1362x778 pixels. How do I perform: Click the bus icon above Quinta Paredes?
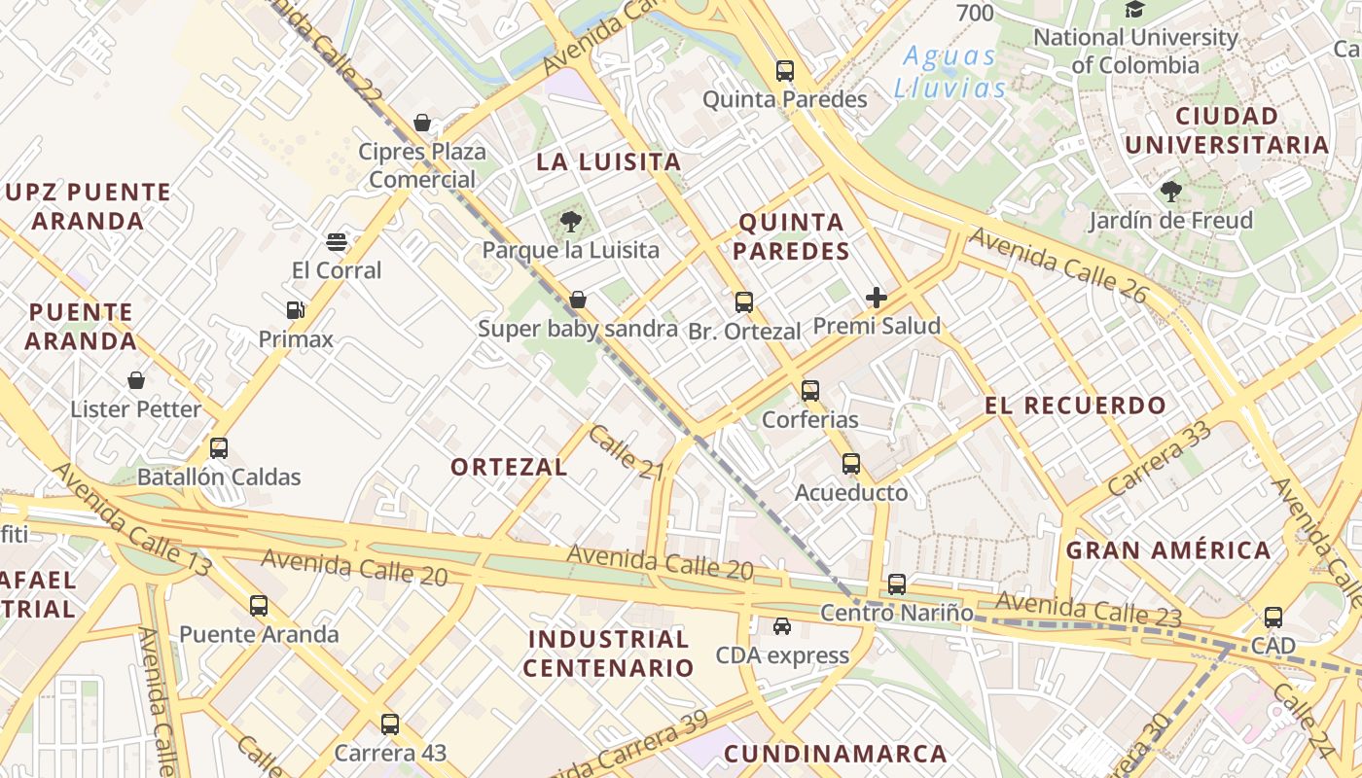pos(784,71)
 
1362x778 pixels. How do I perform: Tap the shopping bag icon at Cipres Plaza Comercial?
pos(422,123)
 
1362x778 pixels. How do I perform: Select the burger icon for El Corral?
pos(337,241)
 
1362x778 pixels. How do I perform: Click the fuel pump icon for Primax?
pos(296,310)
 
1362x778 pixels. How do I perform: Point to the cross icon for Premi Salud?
pos(877,298)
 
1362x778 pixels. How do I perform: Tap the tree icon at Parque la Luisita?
pos(570,222)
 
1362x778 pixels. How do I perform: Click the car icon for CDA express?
pos(782,626)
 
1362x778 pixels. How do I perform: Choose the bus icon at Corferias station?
pos(810,391)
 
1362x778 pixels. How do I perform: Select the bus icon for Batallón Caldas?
pos(219,448)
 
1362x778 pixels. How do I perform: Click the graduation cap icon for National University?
pos(1134,10)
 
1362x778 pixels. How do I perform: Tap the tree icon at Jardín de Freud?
pos(1170,192)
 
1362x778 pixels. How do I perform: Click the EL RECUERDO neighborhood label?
pos(1075,407)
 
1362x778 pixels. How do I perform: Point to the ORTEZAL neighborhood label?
pos(509,467)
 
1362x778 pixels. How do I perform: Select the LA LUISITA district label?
pos(608,162)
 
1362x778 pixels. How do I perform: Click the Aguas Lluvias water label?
pos(950,72)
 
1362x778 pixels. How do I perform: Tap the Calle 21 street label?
pos(626,452)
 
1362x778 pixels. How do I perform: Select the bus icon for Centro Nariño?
pos(896,584)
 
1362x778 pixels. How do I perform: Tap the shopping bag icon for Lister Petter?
pos(136,380)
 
